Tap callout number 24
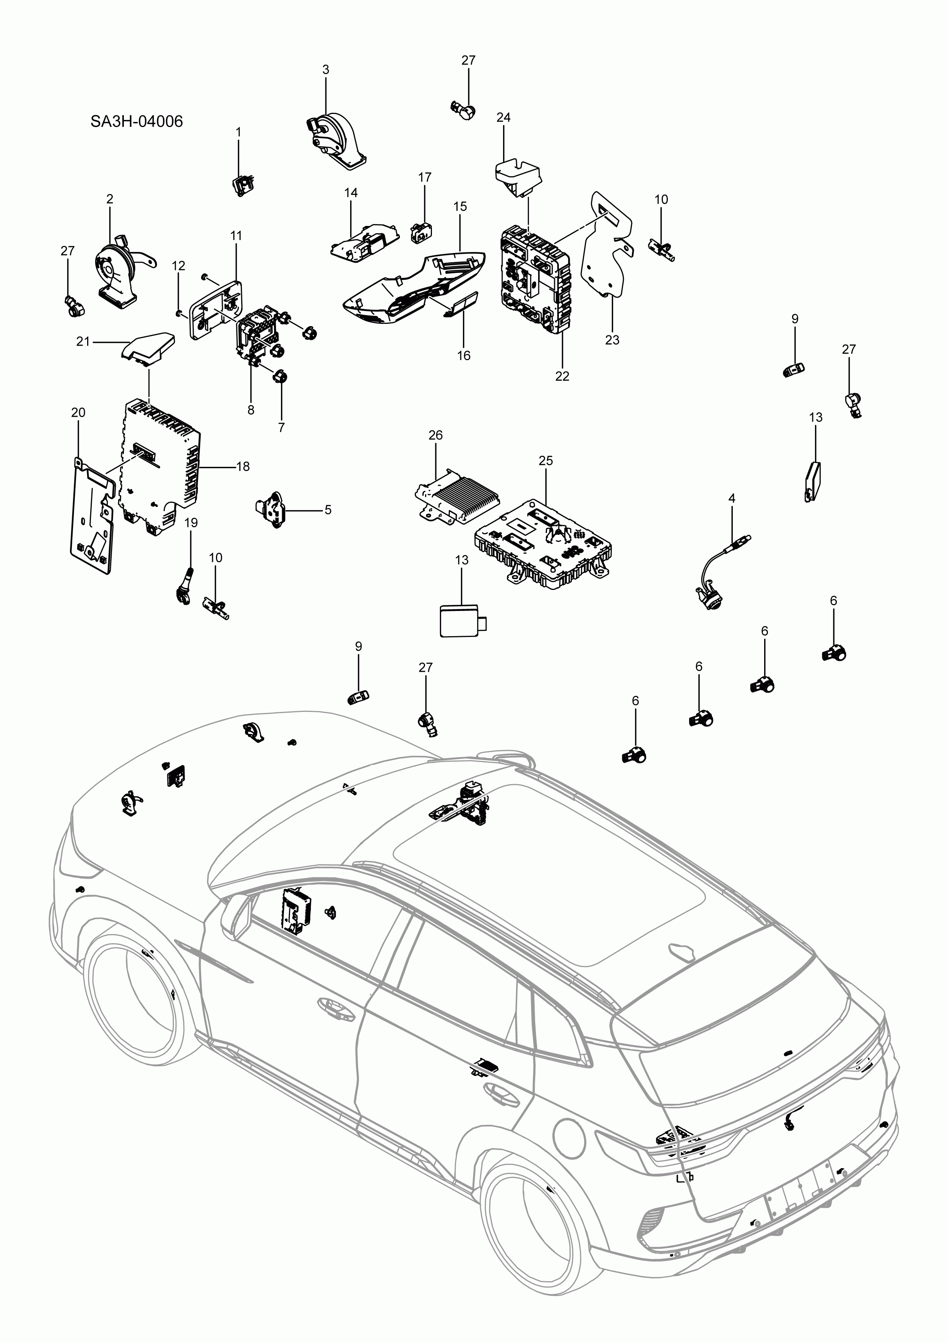pyautogui.click(x=503, y=117)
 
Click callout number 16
pyautogui.click(x=463, y=355)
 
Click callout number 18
pyautogui.click(x=243, y=466)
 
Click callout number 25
pyautogui.click(x=545, y=461)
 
